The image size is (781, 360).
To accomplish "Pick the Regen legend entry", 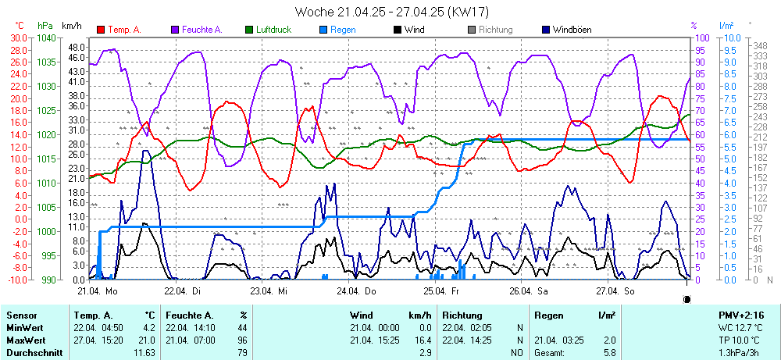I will tap(343, 30).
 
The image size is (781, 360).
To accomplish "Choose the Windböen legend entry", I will tap(569, 30).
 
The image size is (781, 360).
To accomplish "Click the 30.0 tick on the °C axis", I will tap(18, 37).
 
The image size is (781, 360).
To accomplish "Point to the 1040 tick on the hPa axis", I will tap(46, 37).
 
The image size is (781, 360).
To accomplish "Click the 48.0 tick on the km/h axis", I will tap(76, 47).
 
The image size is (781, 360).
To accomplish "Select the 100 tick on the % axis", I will tap(701, 37).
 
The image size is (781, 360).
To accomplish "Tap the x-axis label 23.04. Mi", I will tap(269, 290).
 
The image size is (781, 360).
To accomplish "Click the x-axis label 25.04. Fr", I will tap(440, 290).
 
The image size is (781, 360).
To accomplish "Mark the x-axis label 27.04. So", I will tap(614, 290).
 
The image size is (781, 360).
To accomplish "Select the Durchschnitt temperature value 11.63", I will tap(144, 353).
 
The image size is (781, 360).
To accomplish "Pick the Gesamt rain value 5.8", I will tap(609, 353).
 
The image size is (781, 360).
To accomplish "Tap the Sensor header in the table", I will tap(21, 315).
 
